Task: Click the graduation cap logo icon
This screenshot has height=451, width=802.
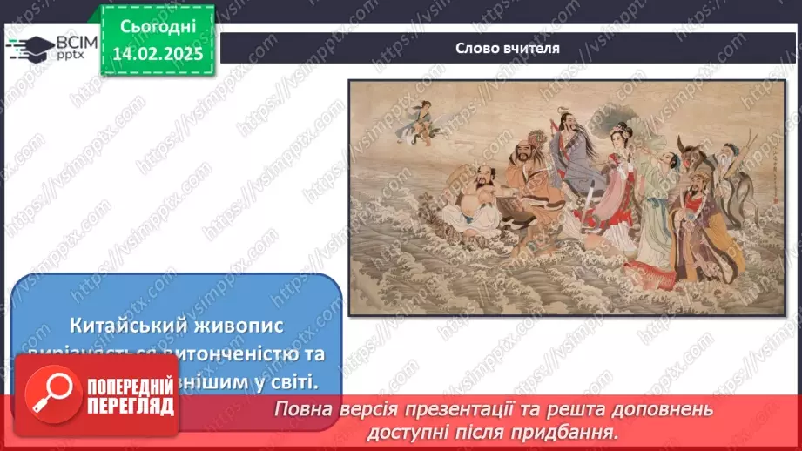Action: [29, 47]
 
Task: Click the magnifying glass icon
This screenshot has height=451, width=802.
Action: [55, 393]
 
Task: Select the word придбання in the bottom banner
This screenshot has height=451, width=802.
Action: [579, 431]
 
